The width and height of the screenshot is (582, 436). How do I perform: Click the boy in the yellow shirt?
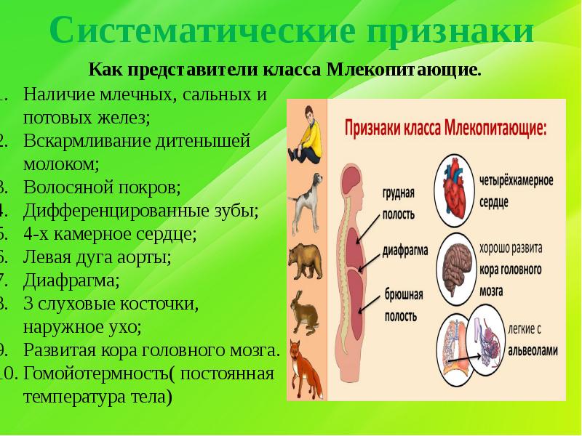305,133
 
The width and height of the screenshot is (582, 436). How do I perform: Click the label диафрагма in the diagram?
404,249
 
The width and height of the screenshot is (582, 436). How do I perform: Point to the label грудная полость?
398,203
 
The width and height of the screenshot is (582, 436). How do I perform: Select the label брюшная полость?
399,306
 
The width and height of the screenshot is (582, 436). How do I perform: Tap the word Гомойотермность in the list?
98,374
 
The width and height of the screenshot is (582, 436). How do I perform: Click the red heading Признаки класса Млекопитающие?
445,129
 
